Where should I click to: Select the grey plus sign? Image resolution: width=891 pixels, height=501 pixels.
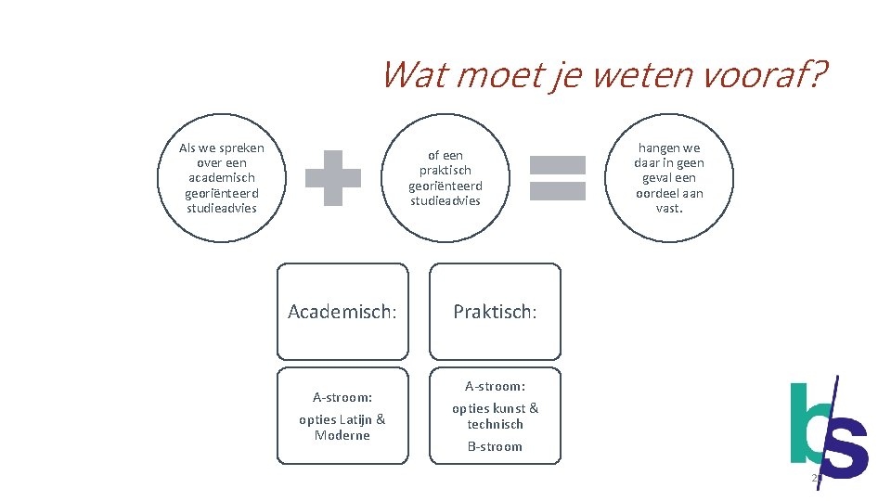point(333,178)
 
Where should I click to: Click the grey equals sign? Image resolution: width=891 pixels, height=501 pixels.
point(557,178)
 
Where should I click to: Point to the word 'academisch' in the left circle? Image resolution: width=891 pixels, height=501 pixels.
point(222,177)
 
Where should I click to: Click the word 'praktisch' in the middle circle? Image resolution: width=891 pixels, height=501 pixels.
point(445,170)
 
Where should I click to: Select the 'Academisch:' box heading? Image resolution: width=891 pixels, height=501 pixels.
point(342,312)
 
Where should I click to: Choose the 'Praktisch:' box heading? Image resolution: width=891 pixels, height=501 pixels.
point(495,312)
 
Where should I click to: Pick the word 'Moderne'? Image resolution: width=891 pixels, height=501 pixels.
point(342,435)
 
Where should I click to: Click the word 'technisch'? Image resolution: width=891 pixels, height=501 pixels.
point(496,424)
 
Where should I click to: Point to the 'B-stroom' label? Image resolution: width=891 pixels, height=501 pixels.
point(495,446)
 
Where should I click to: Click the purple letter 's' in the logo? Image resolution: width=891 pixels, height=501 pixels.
point(845,448)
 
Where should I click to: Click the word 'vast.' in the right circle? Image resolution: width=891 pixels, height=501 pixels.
point(669,208)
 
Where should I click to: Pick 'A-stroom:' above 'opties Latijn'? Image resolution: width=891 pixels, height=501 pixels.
point(342,397)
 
